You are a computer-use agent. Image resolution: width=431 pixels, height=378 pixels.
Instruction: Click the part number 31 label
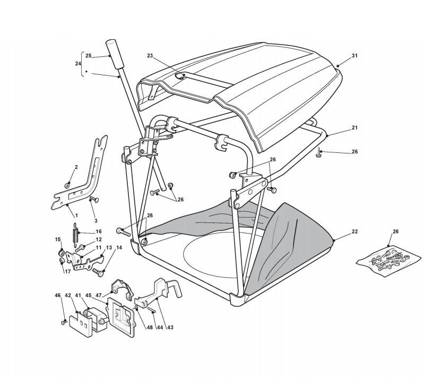[355, 56]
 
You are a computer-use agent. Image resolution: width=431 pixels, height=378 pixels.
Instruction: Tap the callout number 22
[355, 232]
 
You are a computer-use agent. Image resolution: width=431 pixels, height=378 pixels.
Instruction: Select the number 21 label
[355, 128]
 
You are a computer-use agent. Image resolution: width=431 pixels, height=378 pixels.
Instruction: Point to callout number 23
[150, 56]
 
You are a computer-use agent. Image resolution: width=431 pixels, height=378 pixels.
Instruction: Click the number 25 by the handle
[89, 55]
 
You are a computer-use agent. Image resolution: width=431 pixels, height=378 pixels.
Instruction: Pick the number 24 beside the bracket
[78, 64]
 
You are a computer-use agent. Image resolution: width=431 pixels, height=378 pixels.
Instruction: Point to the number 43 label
[170, 327]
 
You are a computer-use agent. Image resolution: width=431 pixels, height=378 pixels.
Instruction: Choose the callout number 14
[119, 248]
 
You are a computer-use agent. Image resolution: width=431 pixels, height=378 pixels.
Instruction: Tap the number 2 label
[76, 167]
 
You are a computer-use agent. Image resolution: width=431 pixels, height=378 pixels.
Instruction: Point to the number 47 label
[99, 295]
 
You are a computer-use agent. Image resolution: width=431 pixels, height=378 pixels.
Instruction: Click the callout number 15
[58, 240]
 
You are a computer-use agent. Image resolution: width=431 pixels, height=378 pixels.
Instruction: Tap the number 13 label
[108, 248]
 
